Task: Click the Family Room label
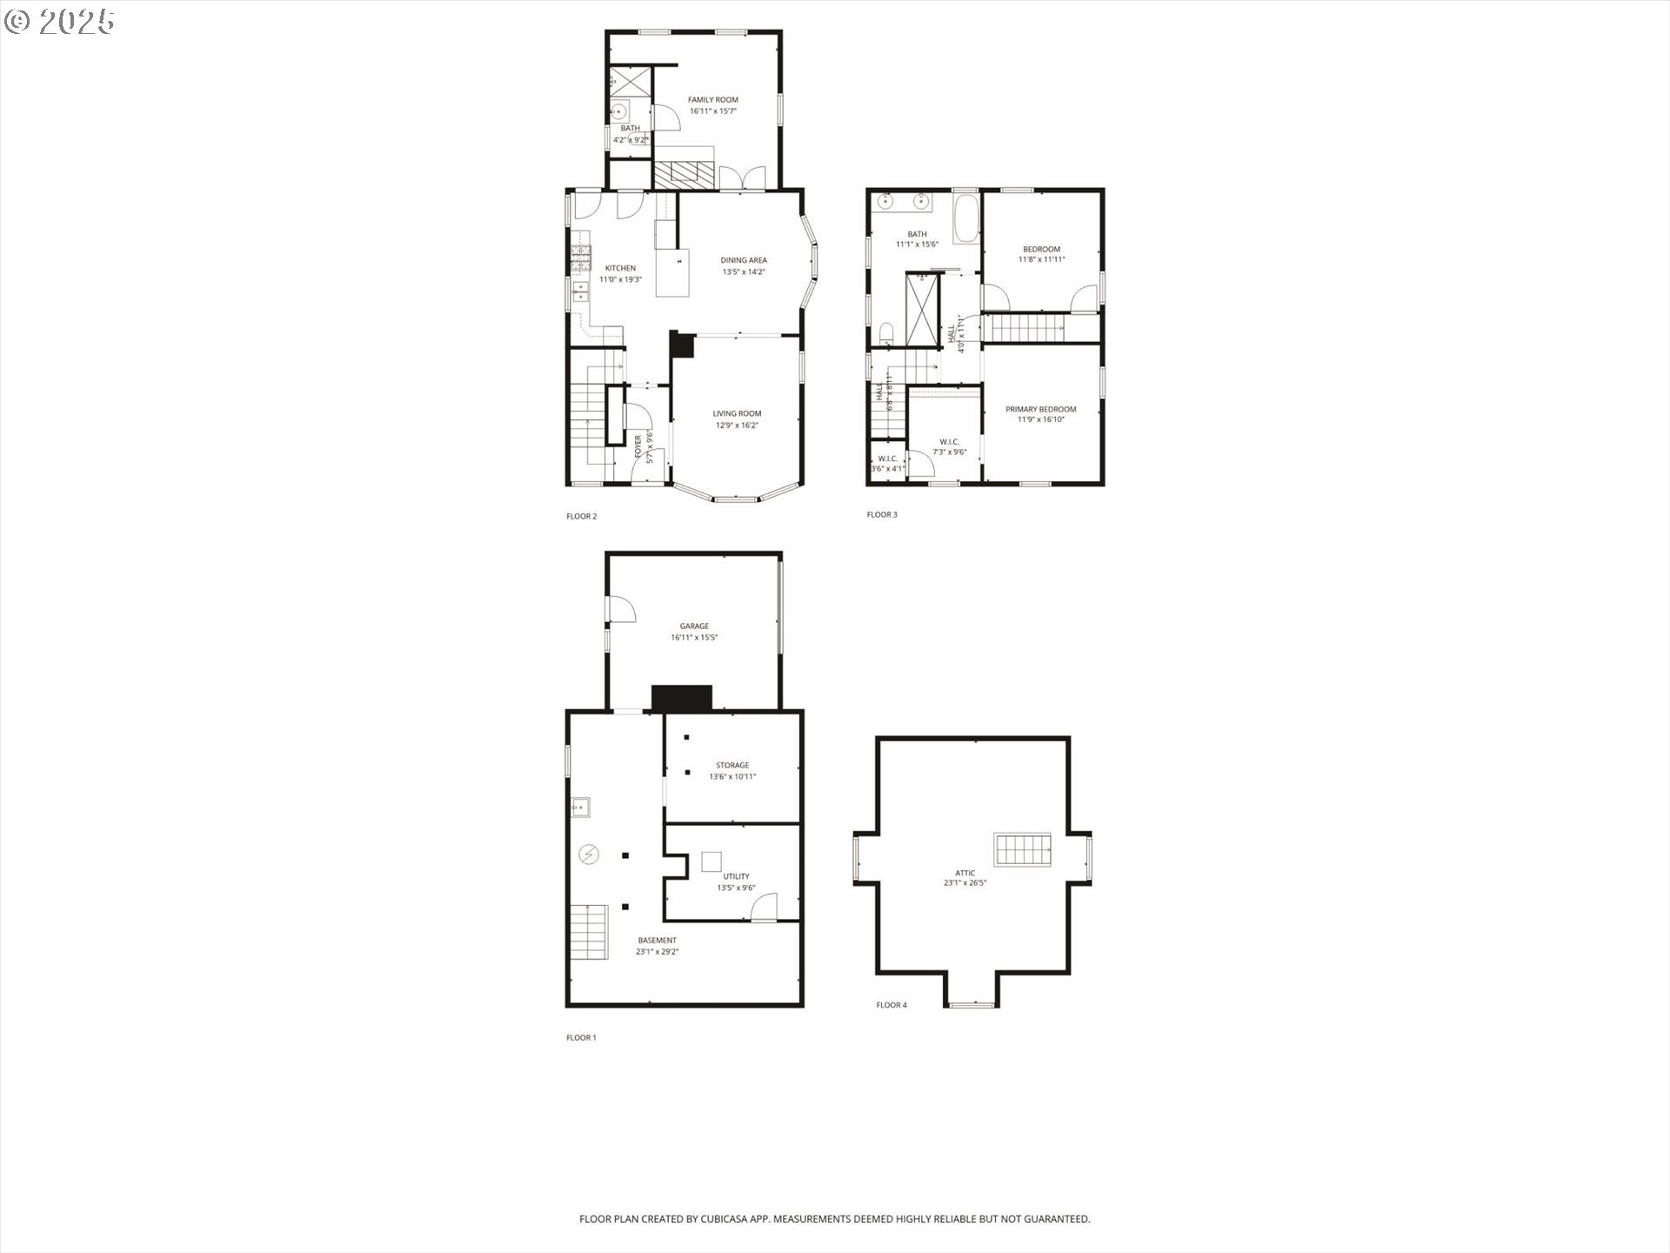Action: pyautogui.click(x=713, y=100)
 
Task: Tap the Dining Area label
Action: pyautogui.click(x=744, y=260)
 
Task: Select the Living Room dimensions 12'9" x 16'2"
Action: pyautogui.click(x=737, y=425)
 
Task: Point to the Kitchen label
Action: pyautogui.click(x=620, y=268)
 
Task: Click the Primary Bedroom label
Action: pyautogui.click(x=1040, y=409)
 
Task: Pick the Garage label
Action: pyautogui.click(x=694, y=626)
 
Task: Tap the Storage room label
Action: pyautogui.click(x=732, y=766)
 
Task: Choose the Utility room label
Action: pyautogui.click(x=736, y=877)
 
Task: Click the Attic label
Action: pyautogui.click(x=965, y=873)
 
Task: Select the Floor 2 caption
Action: pyautogui.click(x=581, y=517)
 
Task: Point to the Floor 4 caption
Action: pyautogui.click(x=892, y=1005)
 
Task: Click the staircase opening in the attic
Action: pyautogui.click(x=1024, y=849)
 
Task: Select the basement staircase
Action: pyautogui.click(x=589, y=932)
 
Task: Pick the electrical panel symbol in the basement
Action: pyautogui.click(x=590, y=854)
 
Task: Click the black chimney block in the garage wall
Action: pyautogui.click(x=682, y=698)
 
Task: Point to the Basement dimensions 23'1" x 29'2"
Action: pyautogui.click(x=657, y=952)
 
